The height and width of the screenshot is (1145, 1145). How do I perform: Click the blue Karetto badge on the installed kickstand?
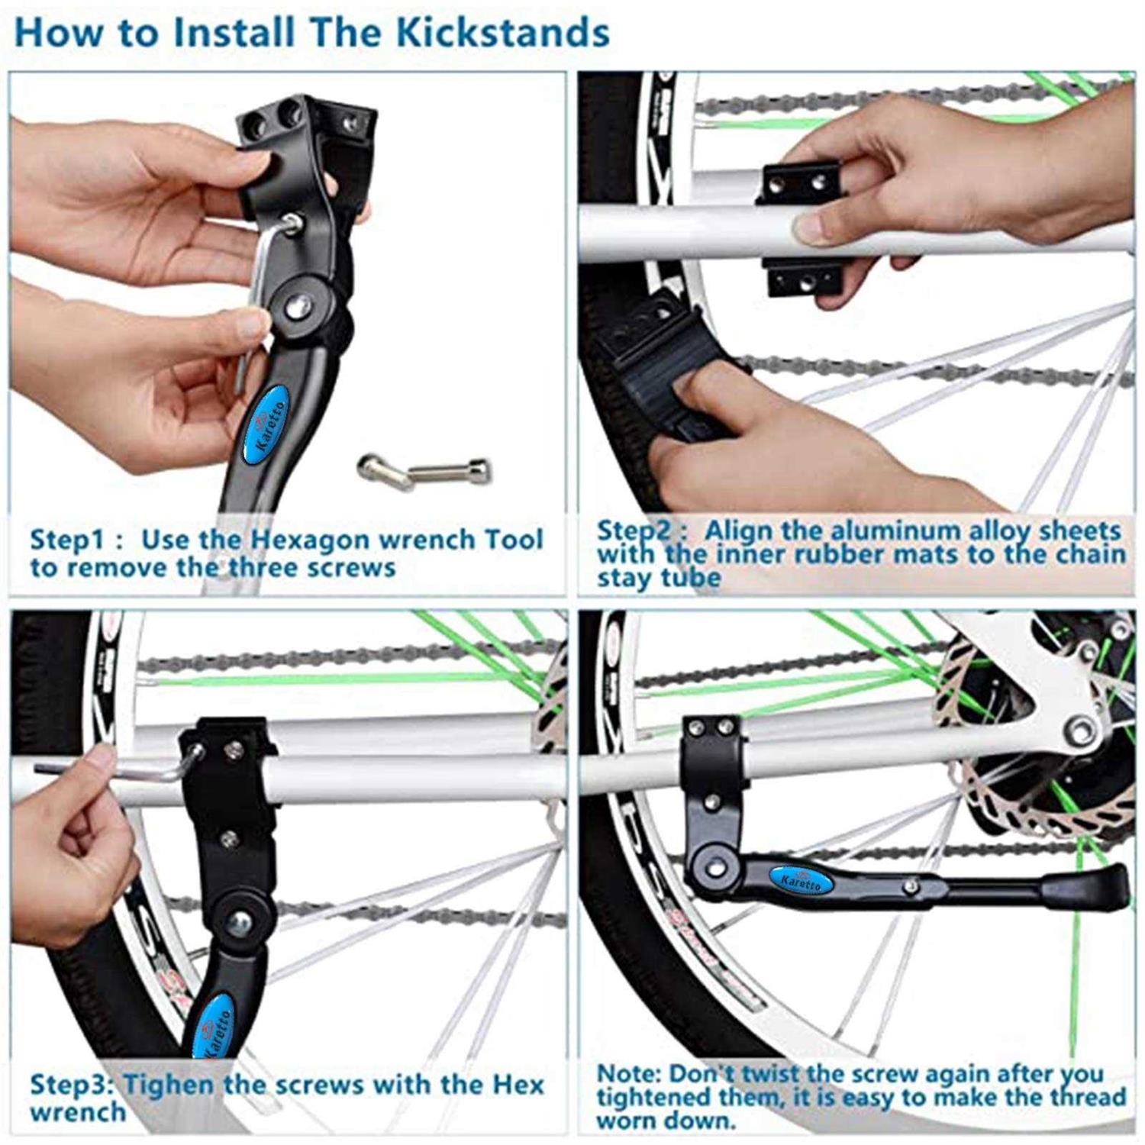pyautogui.click(x=800, y=881)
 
